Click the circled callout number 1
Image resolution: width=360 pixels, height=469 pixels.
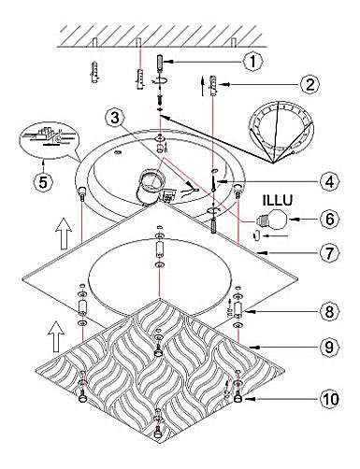pyautogui.click(x=252, y=62)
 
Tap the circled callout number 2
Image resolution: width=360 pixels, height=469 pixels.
pyautogui.click(x=310, y=84)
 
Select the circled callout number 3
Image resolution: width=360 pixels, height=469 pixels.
pyautogui.click(x=116, y=119)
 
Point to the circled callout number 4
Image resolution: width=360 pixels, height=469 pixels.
pyautogui.click(x=329, y=181)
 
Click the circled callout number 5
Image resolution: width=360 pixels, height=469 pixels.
pyautogui.click(x=43, y=181)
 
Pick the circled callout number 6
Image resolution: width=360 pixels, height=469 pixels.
pyautogui.click(x=329, y=219)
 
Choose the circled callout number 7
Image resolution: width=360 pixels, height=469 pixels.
pyautogui.click(x=329, y=253)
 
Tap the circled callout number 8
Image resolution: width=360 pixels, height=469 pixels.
pyautogui.click(x=329, y=311)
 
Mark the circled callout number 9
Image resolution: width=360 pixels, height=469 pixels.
pyautogui.click(x=329, y=347)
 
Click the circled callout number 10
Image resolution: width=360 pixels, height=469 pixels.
pyautogui.click(x=329, y=399)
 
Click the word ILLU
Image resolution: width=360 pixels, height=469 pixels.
pyautogui.click(x=278, y=200)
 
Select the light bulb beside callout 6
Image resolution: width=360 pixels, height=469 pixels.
pyautogui.click(x=272, y=220)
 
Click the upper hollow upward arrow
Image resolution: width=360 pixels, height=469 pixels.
pyautogui.click(x=64, y=234)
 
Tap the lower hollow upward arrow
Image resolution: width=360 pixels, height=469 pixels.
pyautogui.click(x=57, y=337)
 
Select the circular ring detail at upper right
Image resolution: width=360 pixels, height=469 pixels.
pyautogui.click(x=281, y=127)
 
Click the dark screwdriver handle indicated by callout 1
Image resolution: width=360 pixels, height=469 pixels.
pyautogui.click(x=160, y=63)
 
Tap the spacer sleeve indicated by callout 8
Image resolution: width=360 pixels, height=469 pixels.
pyautogui.click(x=238, y=309)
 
